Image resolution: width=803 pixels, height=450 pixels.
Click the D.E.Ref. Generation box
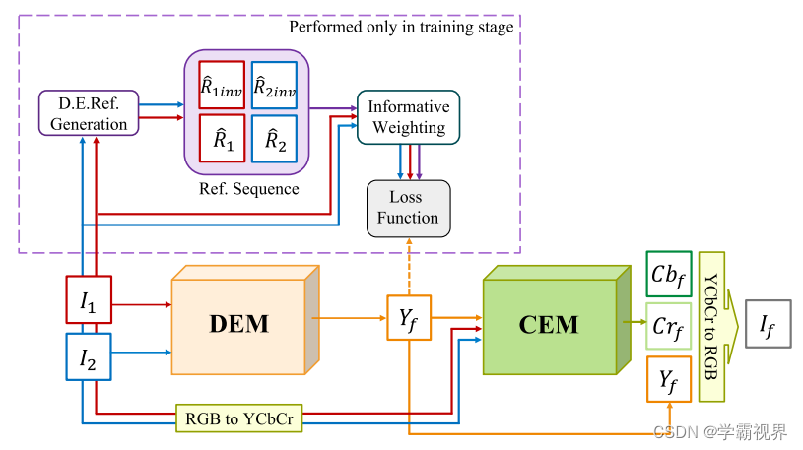click(x=89, y=113)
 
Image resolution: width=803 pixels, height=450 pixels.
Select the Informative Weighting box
click(x=408, y=117)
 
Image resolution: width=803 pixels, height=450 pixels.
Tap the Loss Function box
click(x=409, y=209)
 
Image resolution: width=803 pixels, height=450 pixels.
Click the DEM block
click(x=245, y=320)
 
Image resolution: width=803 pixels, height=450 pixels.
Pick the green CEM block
click(x=557, y=320)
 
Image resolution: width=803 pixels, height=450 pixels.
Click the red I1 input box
click(x=89, y=299)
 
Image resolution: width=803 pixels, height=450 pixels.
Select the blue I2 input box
click(x=89, y=356)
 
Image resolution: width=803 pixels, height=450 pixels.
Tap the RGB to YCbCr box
click(x=239, y=418)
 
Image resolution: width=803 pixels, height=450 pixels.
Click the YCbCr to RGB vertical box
click(x=711, y=327)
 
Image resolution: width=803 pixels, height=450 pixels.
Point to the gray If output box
click(x=769, y=324)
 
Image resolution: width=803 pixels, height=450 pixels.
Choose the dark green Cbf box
click(x=669, y=274)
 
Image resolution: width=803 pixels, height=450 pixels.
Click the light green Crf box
click(x=669, y=326)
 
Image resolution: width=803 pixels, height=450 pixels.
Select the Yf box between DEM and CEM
click(x=409, y=317)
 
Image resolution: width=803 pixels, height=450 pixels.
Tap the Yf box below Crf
click(x=669, y=379)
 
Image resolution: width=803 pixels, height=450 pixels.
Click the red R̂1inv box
click(x=222, y=85)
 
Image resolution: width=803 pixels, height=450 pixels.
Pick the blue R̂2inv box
click(x=275, y=85)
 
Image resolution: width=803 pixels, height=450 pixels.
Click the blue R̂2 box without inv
click(x=275, y=139)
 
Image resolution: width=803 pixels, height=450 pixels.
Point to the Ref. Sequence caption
click(x=249, y=189)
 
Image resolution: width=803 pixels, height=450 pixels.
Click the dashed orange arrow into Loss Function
click(x=409, y=266)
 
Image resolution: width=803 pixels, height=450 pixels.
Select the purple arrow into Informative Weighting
click(x=333, y=108)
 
